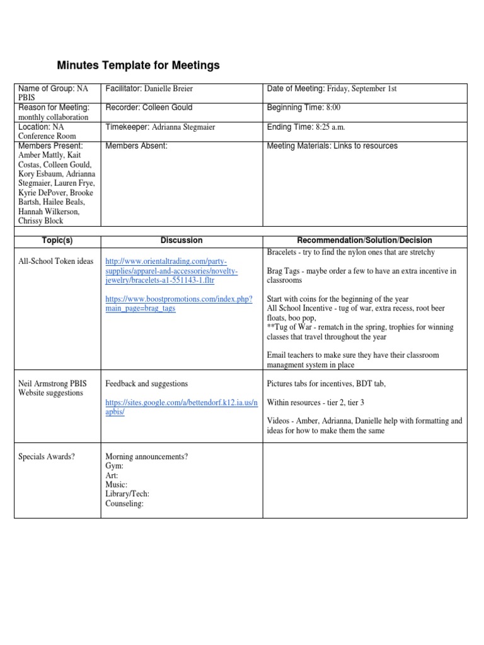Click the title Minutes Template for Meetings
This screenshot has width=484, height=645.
point(139,65)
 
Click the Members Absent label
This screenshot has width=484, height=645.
point(136,146)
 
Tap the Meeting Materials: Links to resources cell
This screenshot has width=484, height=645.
point(332,146)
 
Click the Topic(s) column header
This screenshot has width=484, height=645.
point(57,240)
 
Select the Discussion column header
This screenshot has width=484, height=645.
point(181,240)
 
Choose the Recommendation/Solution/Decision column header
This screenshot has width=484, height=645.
point(364,240)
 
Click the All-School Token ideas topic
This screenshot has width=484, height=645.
point(55,261)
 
